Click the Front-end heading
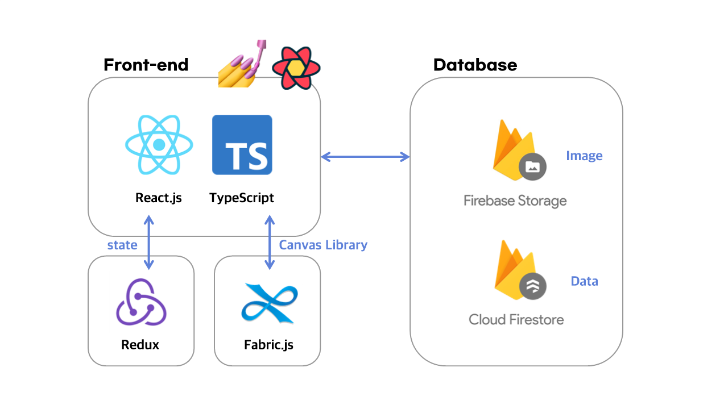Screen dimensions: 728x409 (146, 65)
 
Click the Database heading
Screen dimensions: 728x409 (475, 65)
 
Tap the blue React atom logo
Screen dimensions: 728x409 (159, 145)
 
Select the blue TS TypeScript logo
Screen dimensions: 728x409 (242, 145)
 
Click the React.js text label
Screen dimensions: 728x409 (159, 198)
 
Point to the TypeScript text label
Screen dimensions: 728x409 (242, 198)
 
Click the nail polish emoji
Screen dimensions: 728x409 (242, 64)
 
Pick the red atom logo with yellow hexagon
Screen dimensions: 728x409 (296, 68)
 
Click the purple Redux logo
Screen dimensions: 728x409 (142, 302)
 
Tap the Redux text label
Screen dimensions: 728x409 (140, 345)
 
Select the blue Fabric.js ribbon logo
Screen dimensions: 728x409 (270, 303)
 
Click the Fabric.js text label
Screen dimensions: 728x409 (268, 345)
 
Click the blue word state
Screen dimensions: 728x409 (122, 245)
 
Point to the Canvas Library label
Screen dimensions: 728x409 (323, 245)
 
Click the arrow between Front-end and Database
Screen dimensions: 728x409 (365, 157)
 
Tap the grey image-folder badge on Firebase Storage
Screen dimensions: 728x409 (532, 167)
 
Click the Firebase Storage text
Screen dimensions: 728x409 (515, 201)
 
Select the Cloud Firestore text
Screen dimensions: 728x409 (516, 320)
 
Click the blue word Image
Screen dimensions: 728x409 (584, 156)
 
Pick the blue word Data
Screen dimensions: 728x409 (584, 281)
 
